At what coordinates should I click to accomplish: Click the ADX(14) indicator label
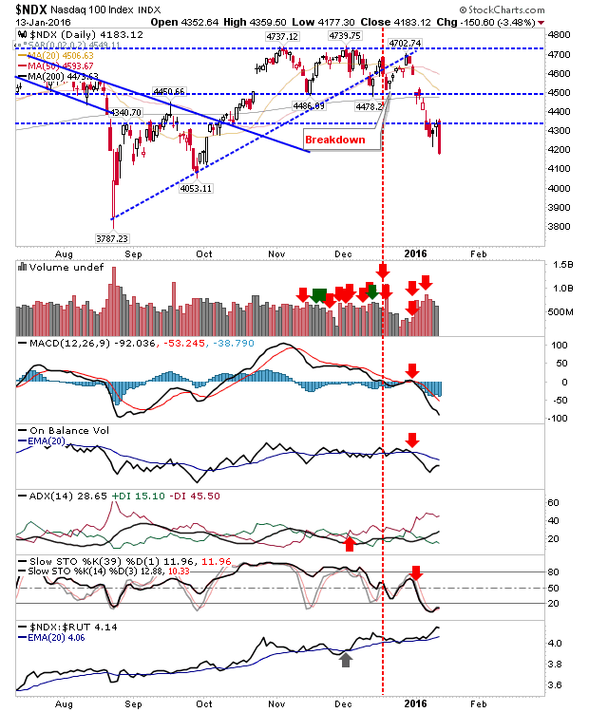39,496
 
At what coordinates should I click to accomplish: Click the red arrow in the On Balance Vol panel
412,440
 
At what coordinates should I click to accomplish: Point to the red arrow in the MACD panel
412,369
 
